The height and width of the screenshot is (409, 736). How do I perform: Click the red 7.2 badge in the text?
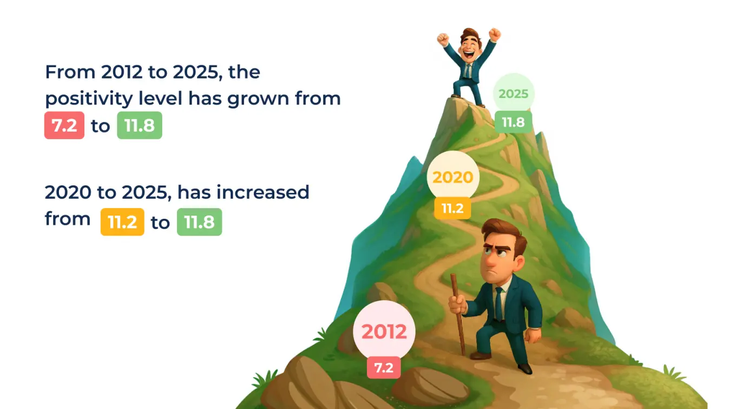click(64, 125)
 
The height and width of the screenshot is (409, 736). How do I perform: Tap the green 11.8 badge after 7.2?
click(140, 125)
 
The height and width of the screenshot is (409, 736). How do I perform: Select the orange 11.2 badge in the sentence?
click(122, 222)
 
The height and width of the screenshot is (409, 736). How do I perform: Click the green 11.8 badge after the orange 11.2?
click(200, 222)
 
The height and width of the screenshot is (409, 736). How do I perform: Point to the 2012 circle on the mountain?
click(384, 331)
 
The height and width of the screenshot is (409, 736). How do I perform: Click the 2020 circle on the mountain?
click(453, 177)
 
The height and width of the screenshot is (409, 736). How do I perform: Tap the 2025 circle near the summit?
click(514, 94)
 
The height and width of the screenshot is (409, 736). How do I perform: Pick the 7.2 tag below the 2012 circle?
click(384, 368)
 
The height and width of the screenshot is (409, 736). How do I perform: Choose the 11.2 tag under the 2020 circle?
click(452, 208)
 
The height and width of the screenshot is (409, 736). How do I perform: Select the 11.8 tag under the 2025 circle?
click(513, 122)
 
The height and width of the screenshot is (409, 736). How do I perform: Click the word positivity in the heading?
click(89, 99)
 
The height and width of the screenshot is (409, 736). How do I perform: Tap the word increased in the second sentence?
click(263, 192)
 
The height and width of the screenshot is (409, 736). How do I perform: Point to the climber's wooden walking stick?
click(458, 315)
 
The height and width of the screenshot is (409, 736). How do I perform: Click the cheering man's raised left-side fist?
click(443, 39)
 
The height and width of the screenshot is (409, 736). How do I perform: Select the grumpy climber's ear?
click(519, 263)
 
